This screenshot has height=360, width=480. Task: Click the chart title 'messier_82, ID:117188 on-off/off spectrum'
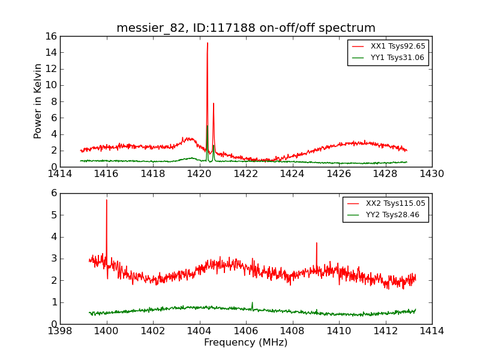click(x=246, y=28)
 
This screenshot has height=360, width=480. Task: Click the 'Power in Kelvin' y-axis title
click(x=38, y=101)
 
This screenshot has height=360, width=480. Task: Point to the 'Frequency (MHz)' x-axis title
click(x=246, y=343)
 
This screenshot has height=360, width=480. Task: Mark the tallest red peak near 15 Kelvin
click(x=208, y=43)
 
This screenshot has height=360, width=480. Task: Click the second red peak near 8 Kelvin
click(x=214, y=103)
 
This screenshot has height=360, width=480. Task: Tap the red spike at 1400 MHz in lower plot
click(x=107, y=200)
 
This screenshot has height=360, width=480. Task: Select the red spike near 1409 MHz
click(x=316, y=243)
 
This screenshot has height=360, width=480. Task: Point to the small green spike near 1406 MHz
click(x=252, y=302)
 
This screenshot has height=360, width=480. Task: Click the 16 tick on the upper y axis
click(x=50, y=36)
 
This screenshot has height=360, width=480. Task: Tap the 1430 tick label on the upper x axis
click(x=432, y=174)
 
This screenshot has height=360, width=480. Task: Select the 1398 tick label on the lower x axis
click(x=60, y=331)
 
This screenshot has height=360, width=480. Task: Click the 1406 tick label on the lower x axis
click(x=246, y=331)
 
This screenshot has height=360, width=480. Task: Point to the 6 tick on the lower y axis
click(x=53, y=193)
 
